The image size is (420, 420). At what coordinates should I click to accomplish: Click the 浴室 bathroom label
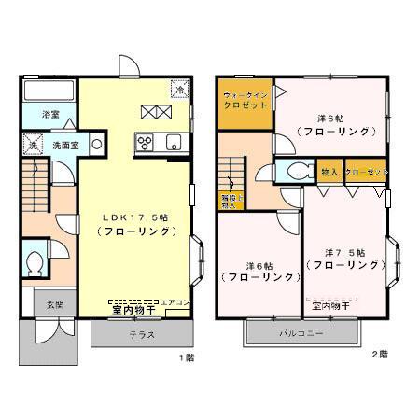click(50, 114)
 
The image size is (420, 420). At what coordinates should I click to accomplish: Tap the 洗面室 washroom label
click(63, 146)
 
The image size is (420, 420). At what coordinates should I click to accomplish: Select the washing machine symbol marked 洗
click(32, 147)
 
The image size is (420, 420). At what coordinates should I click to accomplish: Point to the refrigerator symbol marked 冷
click(178, 90)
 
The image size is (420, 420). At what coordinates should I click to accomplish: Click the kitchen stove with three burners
click(147, 143)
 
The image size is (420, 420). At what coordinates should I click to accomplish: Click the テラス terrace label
click(141, 334)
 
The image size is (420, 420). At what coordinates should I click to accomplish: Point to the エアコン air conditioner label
click(176, 302)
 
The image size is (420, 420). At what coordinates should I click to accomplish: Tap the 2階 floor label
click(379, 356)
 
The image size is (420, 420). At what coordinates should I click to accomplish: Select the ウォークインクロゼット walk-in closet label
click(245, 100)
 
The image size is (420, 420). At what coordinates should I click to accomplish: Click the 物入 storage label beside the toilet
click(329, 173)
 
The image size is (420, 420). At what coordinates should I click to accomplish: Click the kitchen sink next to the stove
click(172, 143)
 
